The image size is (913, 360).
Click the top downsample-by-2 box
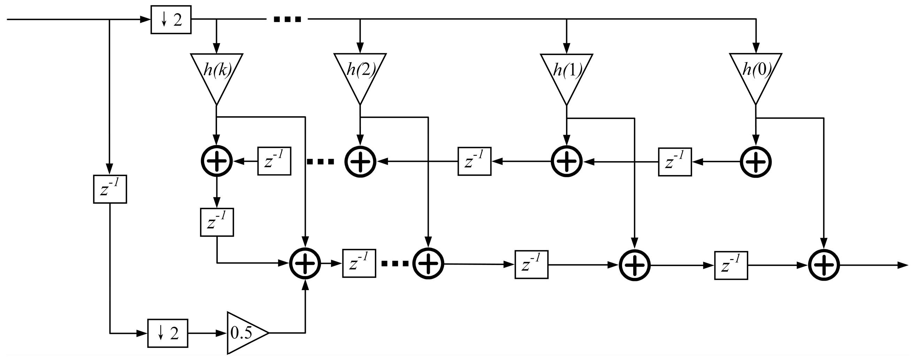[x=171, y=20]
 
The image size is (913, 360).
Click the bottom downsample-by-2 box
[x=167, y=333]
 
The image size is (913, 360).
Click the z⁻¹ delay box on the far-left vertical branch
[x=110, y=189]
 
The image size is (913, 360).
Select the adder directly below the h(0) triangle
[x=756, y=162]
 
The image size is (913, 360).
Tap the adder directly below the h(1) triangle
[x=566, y=161]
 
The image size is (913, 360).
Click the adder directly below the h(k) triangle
[x=217, y=161]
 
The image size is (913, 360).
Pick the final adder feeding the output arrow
[x=824, y=265]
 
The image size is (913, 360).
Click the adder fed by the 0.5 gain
[x=305, y=263]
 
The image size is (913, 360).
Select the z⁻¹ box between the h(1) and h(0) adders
[x=675, y=162]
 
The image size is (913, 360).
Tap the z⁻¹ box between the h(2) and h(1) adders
[x=474, y=161]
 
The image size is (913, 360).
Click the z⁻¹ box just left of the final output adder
[x=731, y=265]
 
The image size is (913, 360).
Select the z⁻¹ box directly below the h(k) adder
[x=217, y=222]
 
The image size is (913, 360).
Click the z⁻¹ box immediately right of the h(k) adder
[x=274, y=161]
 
